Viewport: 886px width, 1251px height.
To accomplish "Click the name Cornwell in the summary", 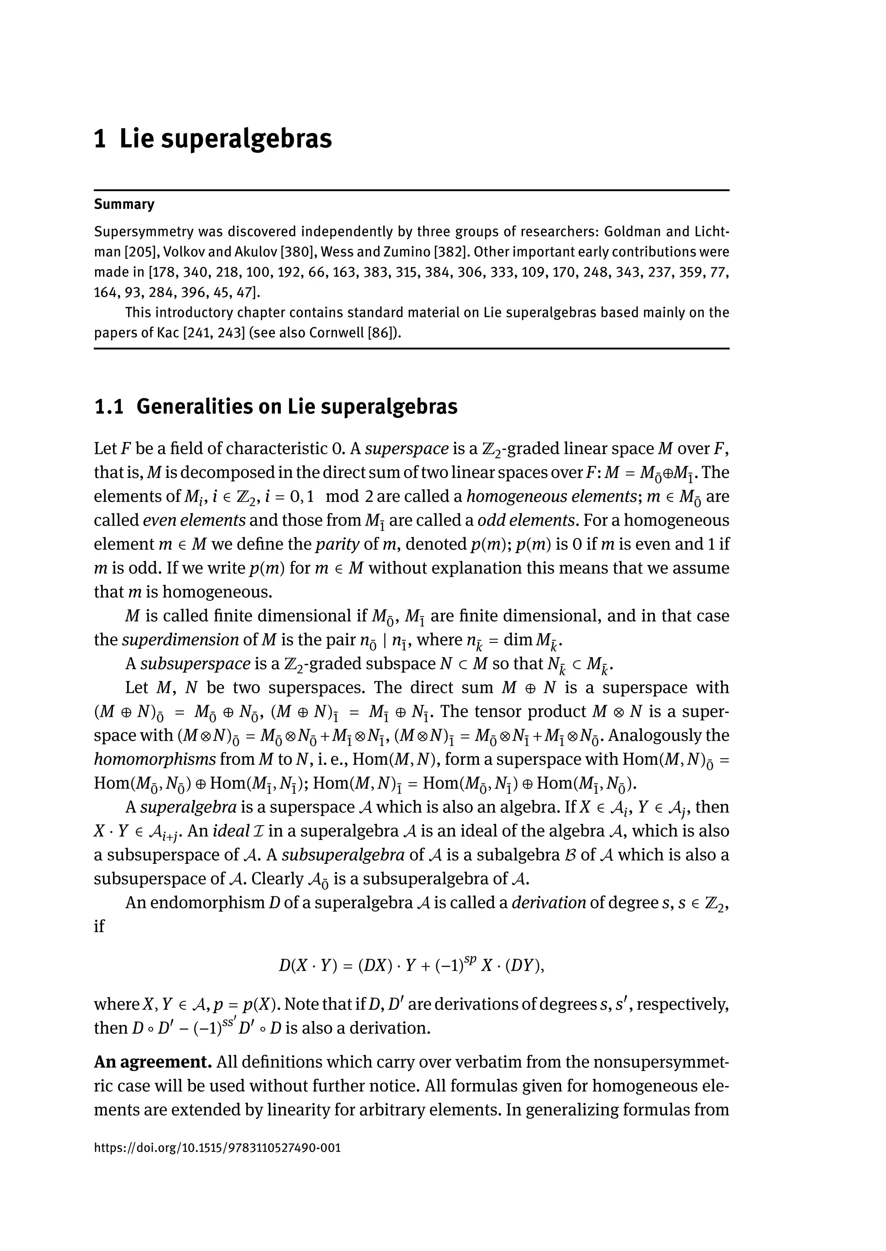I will pos(337,333).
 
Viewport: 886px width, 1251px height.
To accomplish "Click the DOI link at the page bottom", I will pos(217,1147).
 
